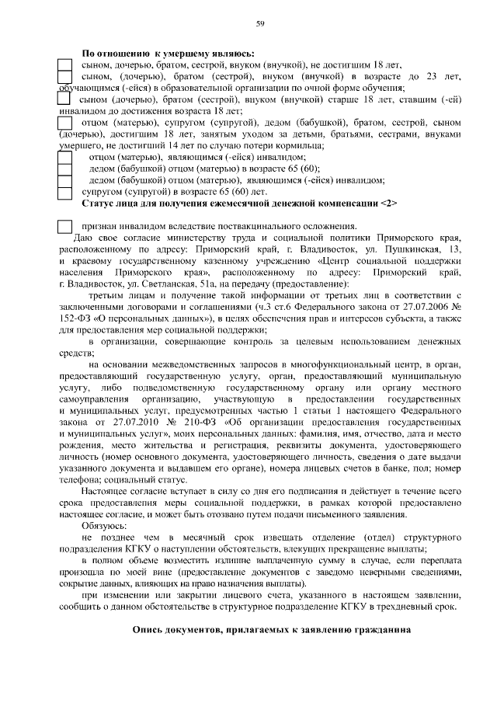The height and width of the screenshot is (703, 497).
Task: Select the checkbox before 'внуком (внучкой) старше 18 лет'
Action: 64,100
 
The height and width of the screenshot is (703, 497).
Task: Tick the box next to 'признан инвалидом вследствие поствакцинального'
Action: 65,226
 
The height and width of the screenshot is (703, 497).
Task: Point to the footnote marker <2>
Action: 389,204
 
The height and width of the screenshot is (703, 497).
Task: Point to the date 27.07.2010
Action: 143,423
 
